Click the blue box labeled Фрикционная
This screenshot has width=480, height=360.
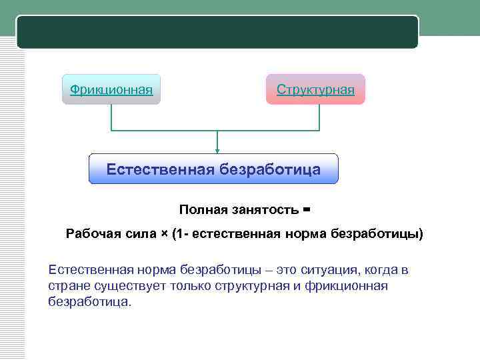click(111, 89)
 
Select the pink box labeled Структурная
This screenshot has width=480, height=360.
click(315, 89)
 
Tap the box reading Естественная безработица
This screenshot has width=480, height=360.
click(213, 169)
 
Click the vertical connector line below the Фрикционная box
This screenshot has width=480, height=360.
click(111, 117)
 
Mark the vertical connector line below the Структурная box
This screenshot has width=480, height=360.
click(319, 117)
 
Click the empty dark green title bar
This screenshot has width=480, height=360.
click(217, 32)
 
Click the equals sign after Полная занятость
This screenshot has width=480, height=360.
click(307, 209)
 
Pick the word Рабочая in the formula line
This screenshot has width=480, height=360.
click(91, 234)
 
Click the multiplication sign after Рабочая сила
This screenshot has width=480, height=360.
click(164, 234)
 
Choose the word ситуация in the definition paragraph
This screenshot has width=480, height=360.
click(323, 271)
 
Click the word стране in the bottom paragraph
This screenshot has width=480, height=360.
click(67, 286)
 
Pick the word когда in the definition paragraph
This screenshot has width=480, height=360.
click(377, 271)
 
